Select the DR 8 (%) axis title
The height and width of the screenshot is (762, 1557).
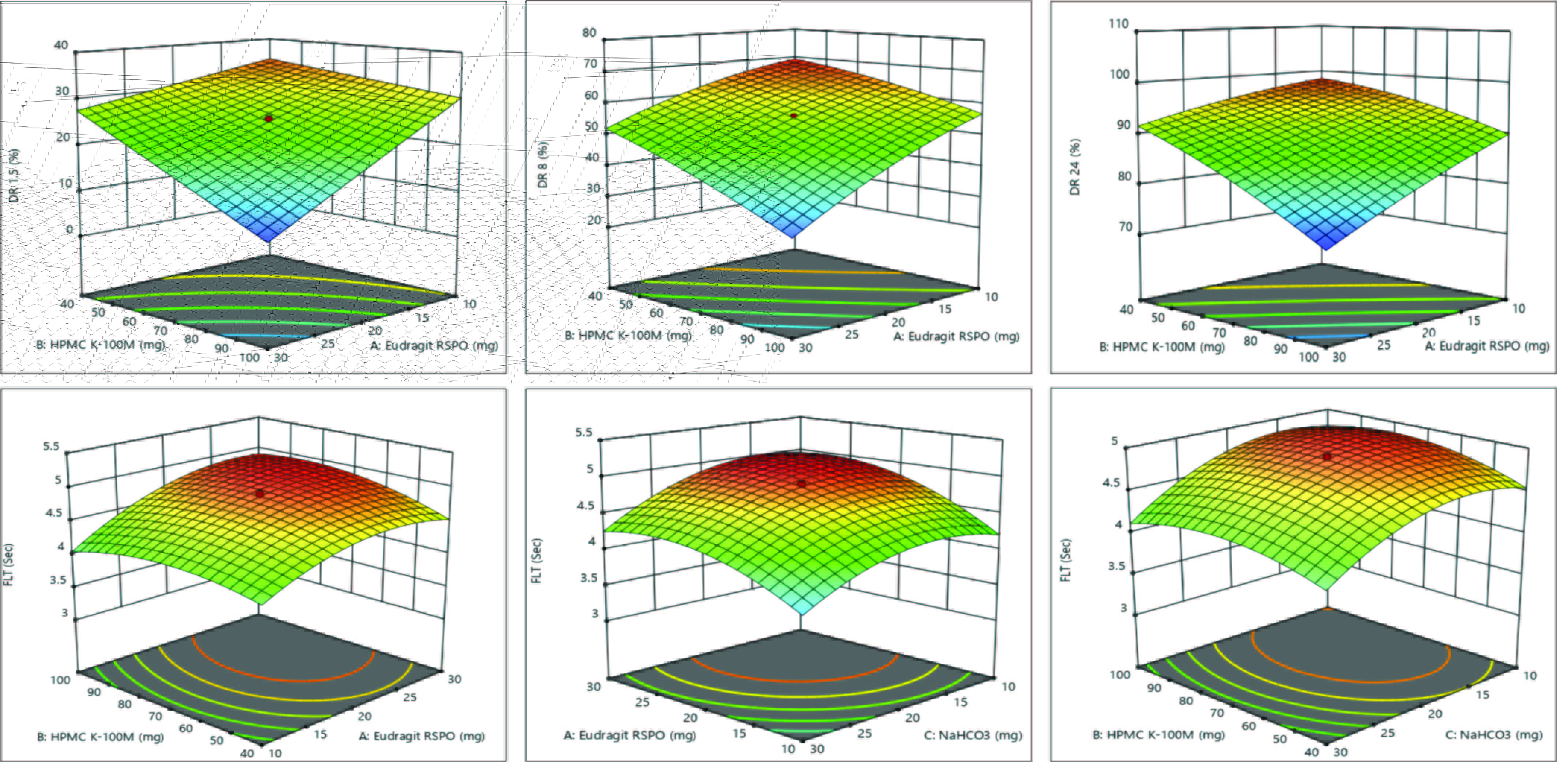[x=543, y=165]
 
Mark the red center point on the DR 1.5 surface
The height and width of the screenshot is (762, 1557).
[x=269, y=119]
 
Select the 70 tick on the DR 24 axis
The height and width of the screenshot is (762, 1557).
[x=1125, y=227]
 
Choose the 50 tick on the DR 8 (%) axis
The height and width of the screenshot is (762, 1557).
[x=591, y=127]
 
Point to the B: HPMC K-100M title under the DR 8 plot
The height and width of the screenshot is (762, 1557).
[x=627, y=335]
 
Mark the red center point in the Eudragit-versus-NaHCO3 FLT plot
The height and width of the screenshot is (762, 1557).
[x=801, y=483]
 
